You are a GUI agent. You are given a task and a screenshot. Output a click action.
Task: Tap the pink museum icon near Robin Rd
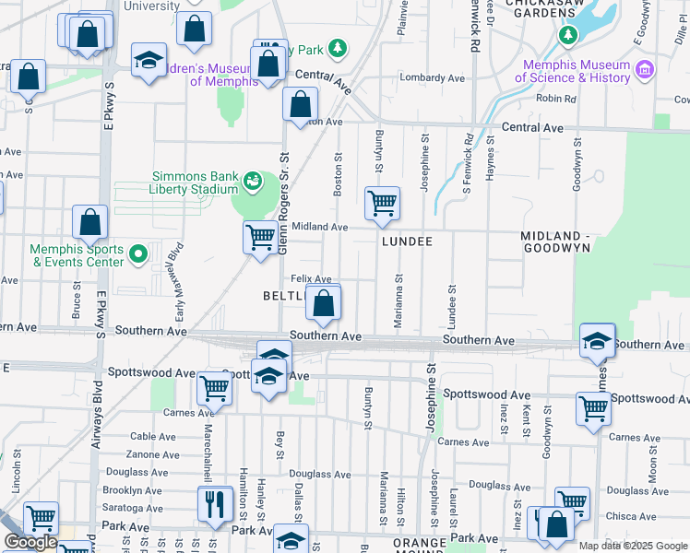pyautogui.click(x=645, y=69)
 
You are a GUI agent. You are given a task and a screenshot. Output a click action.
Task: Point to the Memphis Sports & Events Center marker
pyautogui.click(x=138, y=253)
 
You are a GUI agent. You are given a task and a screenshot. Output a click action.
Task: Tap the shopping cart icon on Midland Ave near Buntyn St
pyautogui.click(x=382, y=203)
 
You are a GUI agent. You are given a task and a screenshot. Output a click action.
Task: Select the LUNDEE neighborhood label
pyautogui.click(x=407, y=240)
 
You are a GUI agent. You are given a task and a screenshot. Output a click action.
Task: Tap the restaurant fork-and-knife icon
pyautogui.click(x=214, y=503)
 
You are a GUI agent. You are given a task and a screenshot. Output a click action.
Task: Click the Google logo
pyautogui.click(x=30, y=542)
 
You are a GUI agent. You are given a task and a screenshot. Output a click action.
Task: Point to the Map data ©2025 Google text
pyautogui.click(x=633, y=546)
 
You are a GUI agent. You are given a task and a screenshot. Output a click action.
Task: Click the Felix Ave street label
pyautogui.click(x=311, y=279)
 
